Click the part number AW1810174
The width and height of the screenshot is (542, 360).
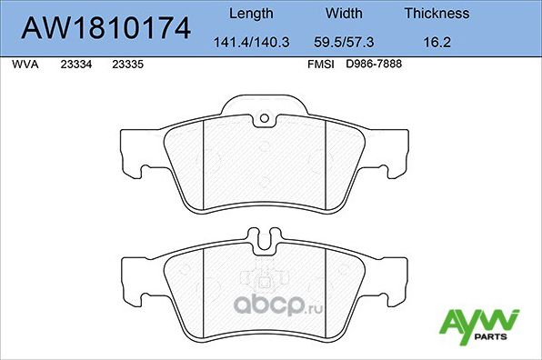(105, 29)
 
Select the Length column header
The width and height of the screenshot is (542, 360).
(249, 14)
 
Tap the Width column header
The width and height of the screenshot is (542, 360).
(345, 14)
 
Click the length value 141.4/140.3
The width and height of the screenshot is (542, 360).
(249, 41)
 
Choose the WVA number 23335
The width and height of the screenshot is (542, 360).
(126, 65)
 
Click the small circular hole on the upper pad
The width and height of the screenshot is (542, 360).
(264, 118)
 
